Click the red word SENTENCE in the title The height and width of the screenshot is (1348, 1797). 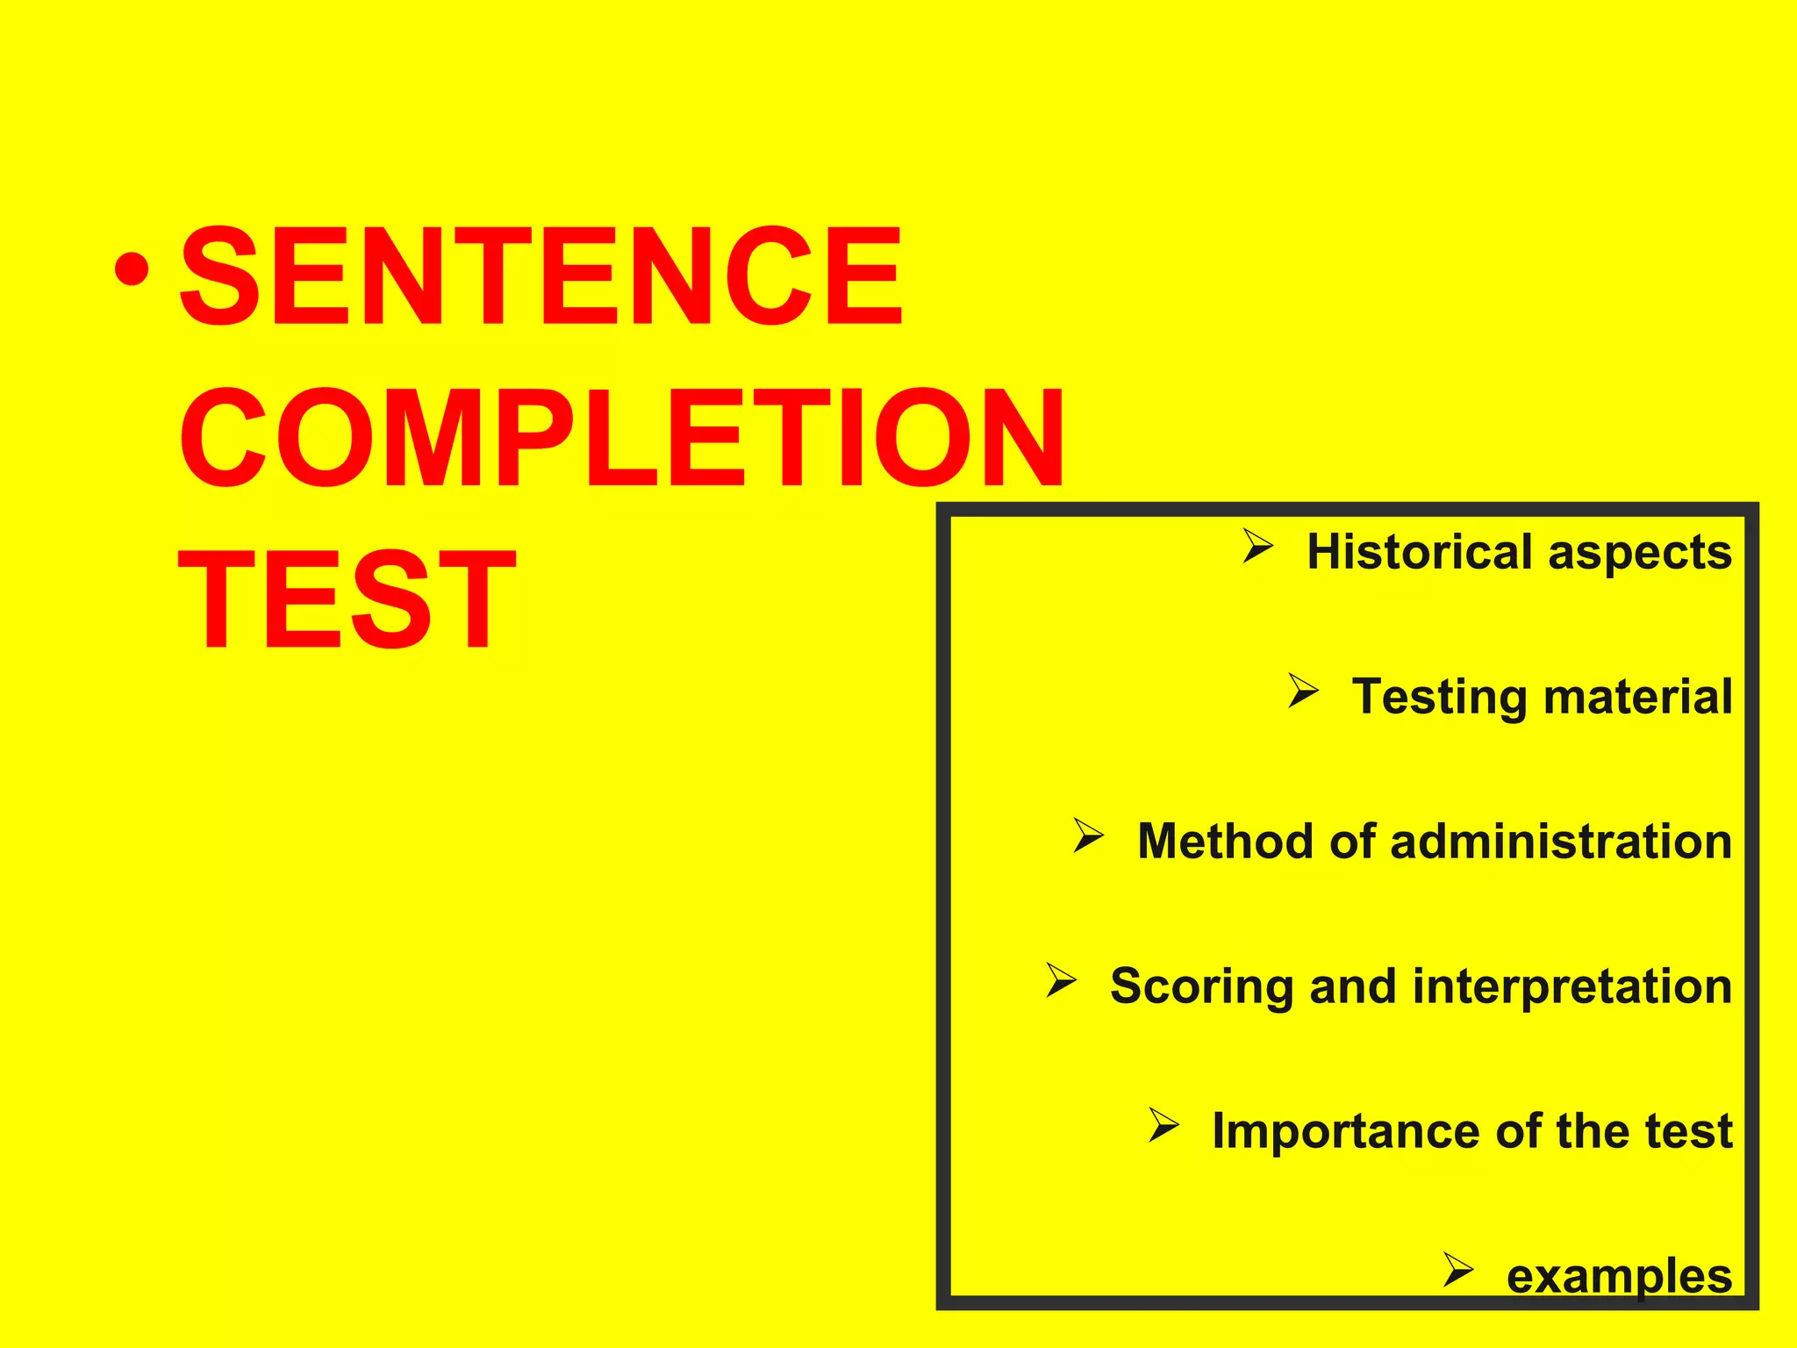click(x=540, y=276)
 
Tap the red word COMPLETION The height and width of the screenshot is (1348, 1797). click(x=622, y=439)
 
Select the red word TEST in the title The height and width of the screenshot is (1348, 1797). click(x=347, y=599)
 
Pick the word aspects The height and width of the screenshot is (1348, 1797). click(x=1640, y=554)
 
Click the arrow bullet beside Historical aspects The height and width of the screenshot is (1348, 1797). click(x=1257, y=548)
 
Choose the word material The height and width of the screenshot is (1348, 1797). click(x=1637, y=697)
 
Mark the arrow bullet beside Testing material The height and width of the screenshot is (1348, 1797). click(x=1303, y=691)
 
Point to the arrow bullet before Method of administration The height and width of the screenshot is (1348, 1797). click(x=1088, y=835)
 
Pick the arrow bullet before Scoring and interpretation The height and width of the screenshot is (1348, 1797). click(x=1061, y=980)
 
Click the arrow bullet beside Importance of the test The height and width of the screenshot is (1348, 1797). click(x=1163, y=1125)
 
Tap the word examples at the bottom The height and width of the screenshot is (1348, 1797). click(x=1619, y=1277)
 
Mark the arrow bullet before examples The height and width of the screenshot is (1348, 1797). click(x=1457, y=1270)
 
